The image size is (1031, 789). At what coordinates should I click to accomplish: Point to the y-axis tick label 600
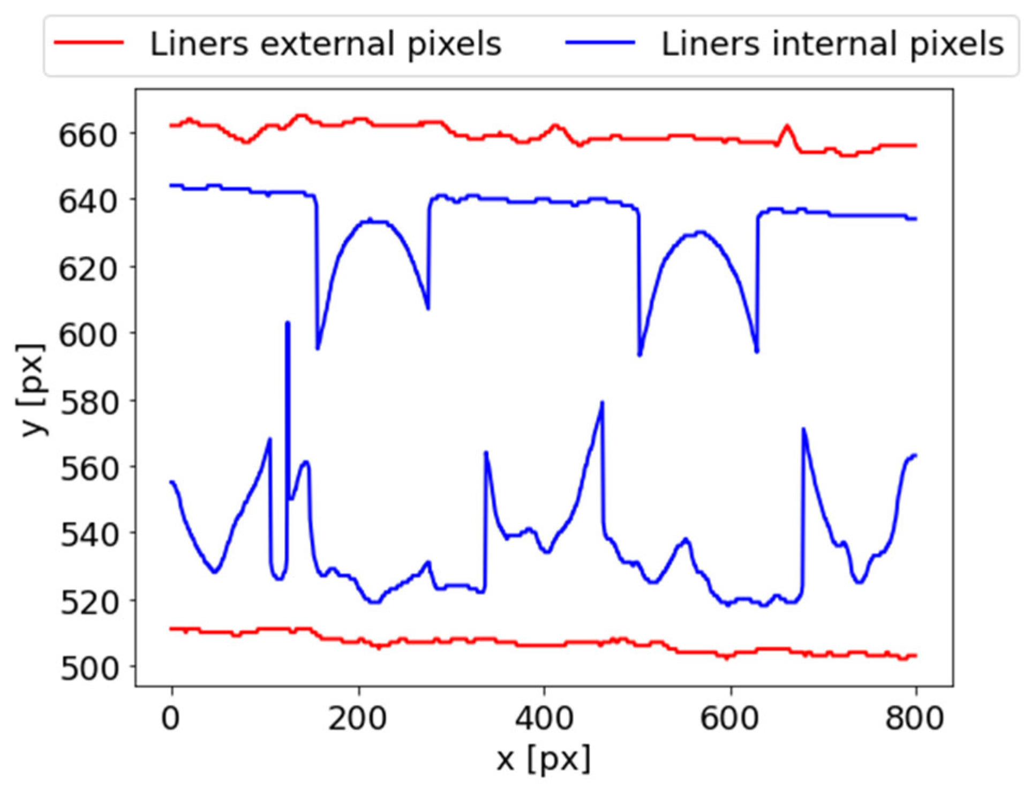(x=87, y=335)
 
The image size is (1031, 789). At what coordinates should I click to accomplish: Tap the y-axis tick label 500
(x=87, y=668)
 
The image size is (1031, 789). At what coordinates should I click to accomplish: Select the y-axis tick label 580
(x=87, y=403)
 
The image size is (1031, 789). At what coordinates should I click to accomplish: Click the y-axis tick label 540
(x=87, y=535)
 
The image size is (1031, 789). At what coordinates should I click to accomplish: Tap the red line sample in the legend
(x=89, y=43)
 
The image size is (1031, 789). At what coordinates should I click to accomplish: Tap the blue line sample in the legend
(x=600, y=43)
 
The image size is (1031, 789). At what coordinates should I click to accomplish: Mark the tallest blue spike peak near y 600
(x=288, y=323)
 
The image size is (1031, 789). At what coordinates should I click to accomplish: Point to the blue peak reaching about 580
(x=602, y=402)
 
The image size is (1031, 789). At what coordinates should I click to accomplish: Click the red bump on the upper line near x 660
(x=787, y=126)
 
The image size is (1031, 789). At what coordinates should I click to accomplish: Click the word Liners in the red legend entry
(x=199, y=44)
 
